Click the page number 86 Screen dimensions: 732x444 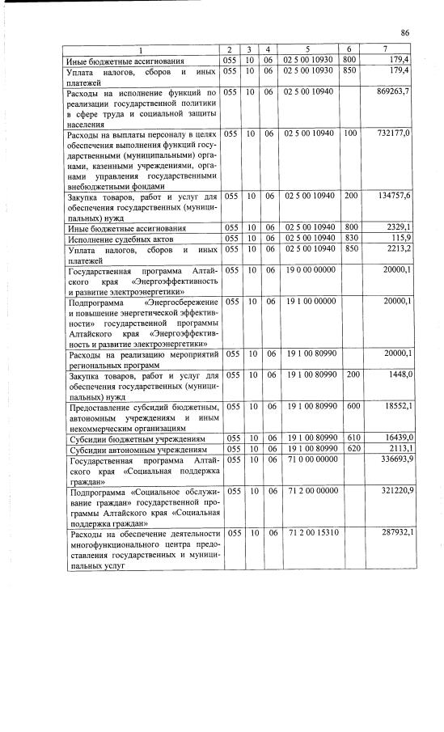pos(406,32)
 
